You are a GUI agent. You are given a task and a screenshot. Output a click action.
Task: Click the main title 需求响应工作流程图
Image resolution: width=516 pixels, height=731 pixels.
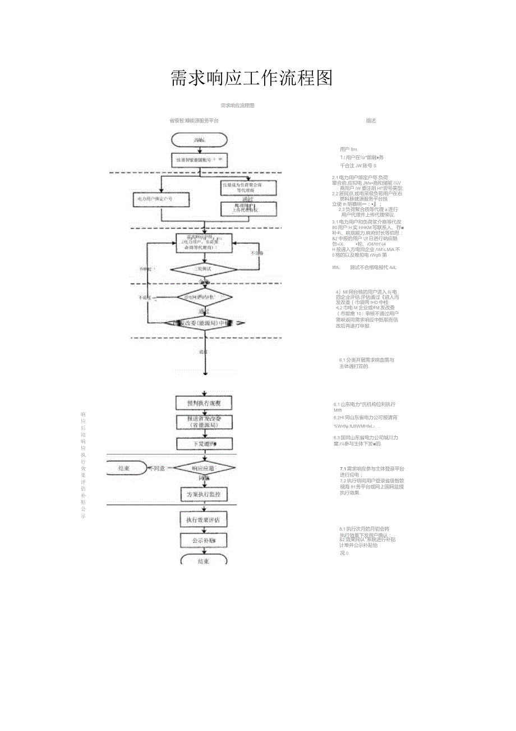pos(251,79)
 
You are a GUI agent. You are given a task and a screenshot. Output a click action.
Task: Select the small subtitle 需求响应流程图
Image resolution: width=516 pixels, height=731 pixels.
pos(237,106)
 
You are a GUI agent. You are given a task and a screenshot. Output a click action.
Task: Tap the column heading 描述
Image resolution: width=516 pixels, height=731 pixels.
pos(371,121)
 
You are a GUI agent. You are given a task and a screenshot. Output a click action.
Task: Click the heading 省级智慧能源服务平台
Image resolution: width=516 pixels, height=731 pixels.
pos(194,121)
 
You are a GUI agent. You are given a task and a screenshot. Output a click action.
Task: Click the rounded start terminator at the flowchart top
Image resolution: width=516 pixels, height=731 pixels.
pos(200,140)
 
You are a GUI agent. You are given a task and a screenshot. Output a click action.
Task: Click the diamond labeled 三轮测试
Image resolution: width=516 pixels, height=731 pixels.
pos(204,269)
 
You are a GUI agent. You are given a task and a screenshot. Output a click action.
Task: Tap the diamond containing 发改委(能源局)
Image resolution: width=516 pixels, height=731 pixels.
pos(204,323)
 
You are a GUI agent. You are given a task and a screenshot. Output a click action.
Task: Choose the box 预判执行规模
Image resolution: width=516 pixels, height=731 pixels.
pos(204,403)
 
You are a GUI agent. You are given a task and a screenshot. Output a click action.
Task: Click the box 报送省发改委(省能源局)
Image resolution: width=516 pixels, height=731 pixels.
pos(204,422)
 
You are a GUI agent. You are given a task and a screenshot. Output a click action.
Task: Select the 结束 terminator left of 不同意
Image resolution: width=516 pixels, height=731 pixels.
pos(125,468)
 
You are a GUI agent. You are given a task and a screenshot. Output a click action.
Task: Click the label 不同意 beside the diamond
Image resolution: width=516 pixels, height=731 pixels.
pos(158,468)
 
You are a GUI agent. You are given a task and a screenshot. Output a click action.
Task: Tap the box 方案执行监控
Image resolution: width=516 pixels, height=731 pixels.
pos(204,495)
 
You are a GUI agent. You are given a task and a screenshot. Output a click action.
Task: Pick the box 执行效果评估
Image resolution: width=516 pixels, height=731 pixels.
pos(204,520)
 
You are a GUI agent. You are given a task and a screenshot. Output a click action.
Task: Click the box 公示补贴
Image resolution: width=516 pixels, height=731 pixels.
pos(204,541)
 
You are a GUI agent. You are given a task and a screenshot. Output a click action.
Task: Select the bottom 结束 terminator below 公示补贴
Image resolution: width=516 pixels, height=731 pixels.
pos(204,560)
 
